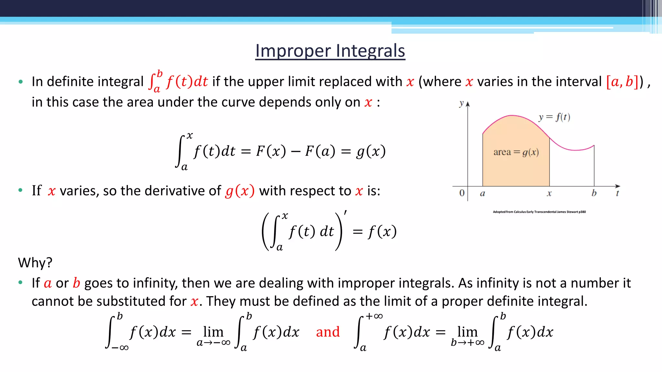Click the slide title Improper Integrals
[330, 51]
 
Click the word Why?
[35, 263]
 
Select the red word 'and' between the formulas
[328, 332]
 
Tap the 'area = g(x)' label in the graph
[516, 152]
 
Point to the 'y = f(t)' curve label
[554, 117]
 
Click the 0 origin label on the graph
[462, 193]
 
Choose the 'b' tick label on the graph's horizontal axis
[594, 193]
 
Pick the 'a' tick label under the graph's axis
[482, 193]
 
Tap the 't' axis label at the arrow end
[617, 193]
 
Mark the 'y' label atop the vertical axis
[462, 103]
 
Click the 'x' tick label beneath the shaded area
[549, 194]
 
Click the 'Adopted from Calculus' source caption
[539, 212]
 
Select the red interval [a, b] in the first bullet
[622, 81]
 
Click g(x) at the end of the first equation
[371, 151]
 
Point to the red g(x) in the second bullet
[240, 191]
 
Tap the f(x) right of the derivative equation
[382, 232]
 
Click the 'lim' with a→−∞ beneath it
[213, 332]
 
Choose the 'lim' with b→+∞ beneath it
[467, 332]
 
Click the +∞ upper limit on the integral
[374, 316]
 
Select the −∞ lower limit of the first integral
[120, 348]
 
